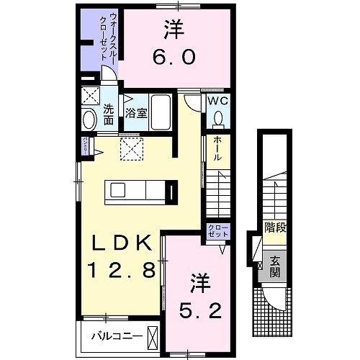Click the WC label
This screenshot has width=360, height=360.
tap(218, 101)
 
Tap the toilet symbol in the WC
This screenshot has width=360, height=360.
tap(218, 119)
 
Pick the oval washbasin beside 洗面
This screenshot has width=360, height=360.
tap(89, 120)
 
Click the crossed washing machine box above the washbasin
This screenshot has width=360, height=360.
tap(90, 96)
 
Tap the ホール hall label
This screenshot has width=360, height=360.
tap(217, 149)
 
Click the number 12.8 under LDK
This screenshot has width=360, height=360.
tap(122, 270)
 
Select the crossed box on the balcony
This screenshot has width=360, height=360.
tap(152, 336)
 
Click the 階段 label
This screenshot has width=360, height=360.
tap(274, 228)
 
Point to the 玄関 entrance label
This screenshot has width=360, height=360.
tap(275, 267)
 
